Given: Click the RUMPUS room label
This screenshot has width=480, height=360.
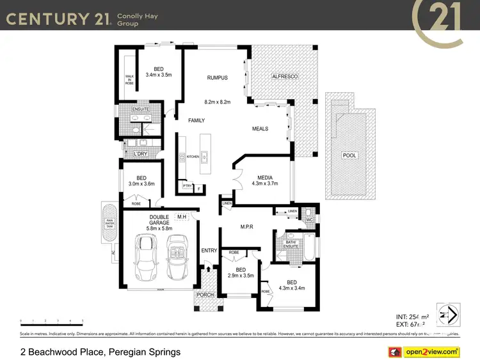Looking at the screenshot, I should click(x=217, y=78).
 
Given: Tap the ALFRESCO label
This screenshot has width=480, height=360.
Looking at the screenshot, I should click(x=285, y=77).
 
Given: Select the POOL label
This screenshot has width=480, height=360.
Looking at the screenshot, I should click(x=349, y=155).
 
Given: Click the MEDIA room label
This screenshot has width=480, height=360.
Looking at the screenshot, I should click(x=266, y=178).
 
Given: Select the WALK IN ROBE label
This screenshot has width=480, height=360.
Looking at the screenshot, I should click(x=129, y=79).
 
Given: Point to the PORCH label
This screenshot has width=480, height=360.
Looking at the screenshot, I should click(x=205, y=295).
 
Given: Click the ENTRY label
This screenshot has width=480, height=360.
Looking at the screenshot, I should click(x=209, y=250).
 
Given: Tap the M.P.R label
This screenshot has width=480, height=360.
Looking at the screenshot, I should click(x=248, y=226).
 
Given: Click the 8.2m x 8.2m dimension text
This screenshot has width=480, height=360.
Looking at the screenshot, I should click(x=217, y=102).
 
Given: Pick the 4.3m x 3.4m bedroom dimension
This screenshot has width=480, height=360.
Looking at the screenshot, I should click(x=291, y=288).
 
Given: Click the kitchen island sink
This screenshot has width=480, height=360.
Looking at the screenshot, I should click(x=204, y=157).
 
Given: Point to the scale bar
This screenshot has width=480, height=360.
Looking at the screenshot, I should click(x=51, y=322).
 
